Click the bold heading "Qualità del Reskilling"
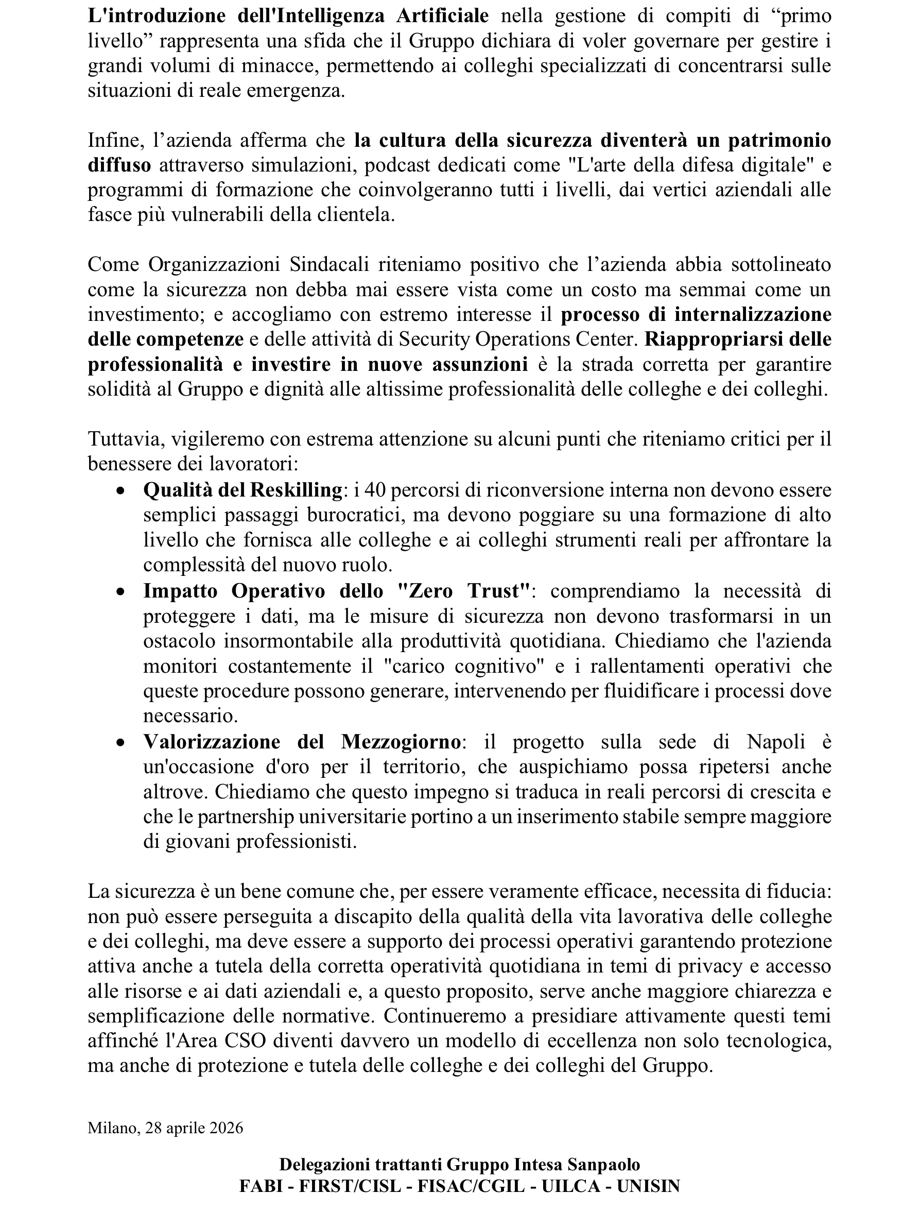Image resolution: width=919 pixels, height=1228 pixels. click(x=242, y=490)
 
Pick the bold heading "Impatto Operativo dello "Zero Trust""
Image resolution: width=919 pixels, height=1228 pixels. click(x=337, y=591)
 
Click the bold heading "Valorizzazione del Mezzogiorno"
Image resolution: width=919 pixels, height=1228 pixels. click(x=302, y=742)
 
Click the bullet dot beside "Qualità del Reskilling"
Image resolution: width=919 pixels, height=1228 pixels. click(x=120, y=491)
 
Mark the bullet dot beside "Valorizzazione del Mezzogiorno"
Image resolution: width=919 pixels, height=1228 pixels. click(x=120, y=743)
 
